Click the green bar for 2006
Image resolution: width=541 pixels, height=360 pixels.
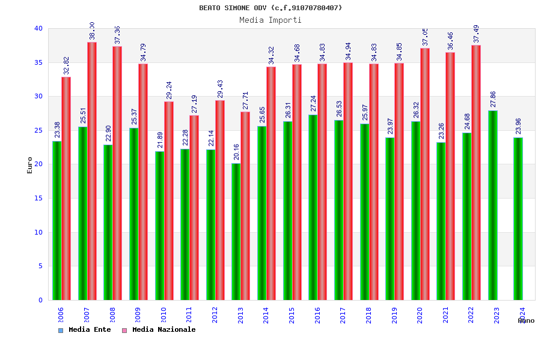[x=57, y=220]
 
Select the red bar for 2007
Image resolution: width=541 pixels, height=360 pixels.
[x=92, y=171]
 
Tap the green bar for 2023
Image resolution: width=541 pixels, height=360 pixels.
[x=492, y=205]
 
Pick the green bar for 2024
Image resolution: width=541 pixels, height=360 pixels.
[x=518, y=218]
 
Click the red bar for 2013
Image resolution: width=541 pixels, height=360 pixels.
[x=245, y=206]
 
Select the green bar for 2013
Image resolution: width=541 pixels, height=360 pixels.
[x=236, y=232]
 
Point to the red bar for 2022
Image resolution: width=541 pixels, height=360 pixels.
[x=476, y=173]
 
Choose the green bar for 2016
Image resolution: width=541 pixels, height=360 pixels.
[x=313, y=207]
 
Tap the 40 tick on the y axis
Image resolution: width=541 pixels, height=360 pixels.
[x=38, y=29]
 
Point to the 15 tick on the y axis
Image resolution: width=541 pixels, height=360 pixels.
[x=38, y=199]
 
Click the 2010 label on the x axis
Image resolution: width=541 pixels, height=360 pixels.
[x=164, y=315]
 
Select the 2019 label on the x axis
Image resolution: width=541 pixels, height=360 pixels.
[x=394, y=315]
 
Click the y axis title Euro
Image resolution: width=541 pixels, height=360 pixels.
[x=30, y=165]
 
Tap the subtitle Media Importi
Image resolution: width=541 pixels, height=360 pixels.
[x=270, y=20]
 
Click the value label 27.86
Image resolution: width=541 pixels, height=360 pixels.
[x=493, y=100]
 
